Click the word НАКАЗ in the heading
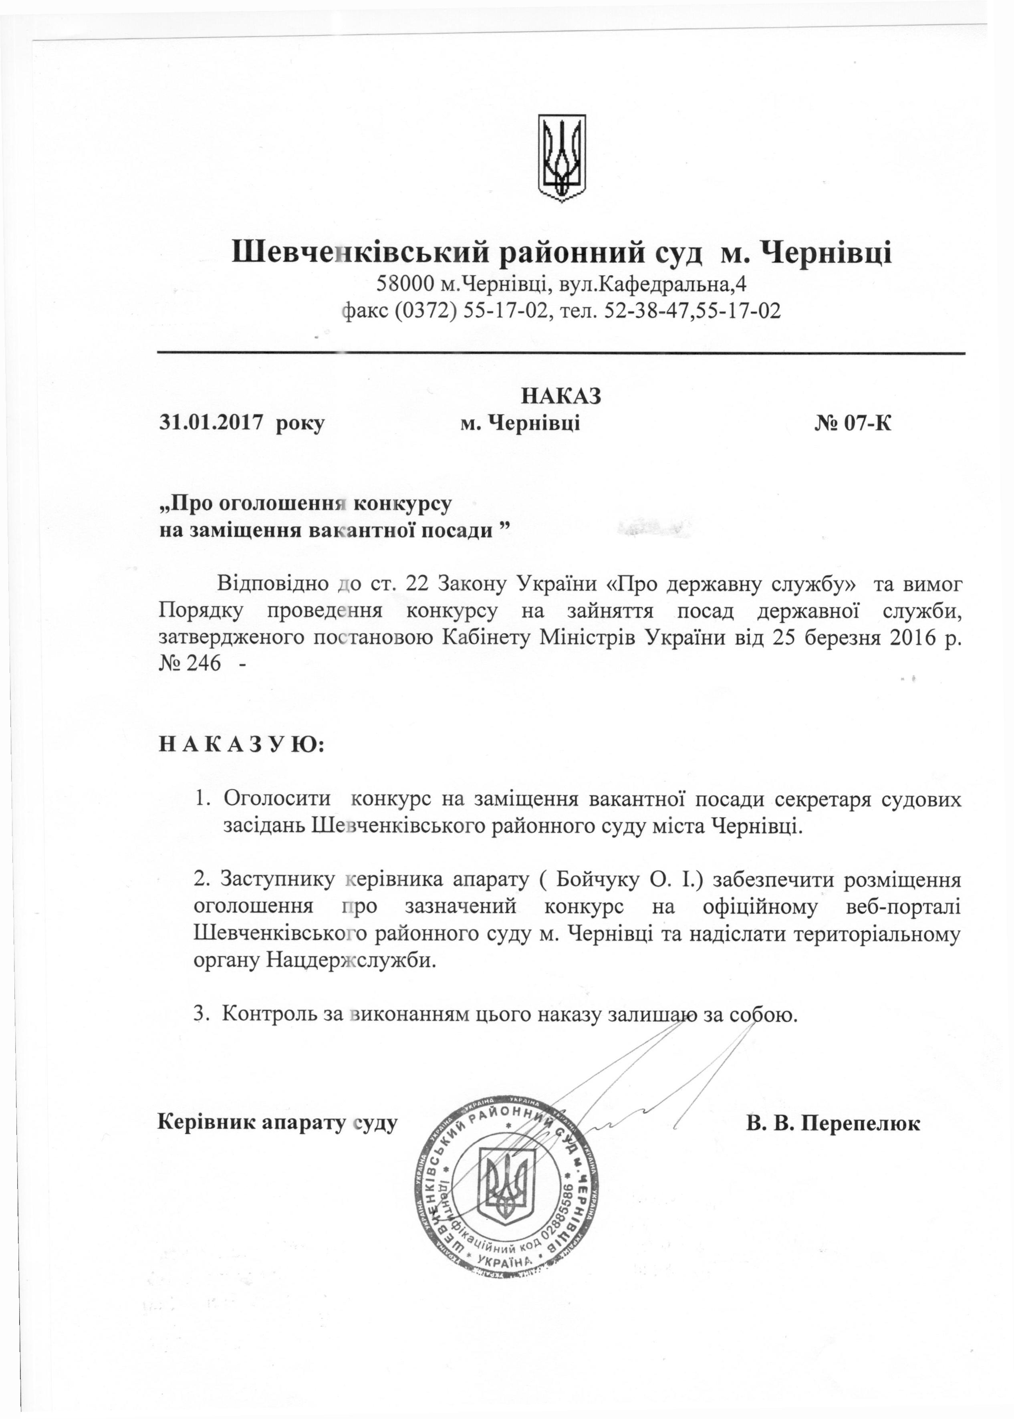[561, 396]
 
